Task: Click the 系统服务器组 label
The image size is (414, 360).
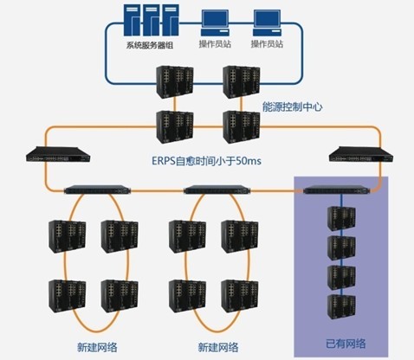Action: [150, 45]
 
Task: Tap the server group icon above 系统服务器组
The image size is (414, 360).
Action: [152, 20]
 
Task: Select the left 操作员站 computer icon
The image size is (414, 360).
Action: [215, 23]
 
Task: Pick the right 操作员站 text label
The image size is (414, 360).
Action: [267, 44]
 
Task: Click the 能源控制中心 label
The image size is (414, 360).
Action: [292, 106]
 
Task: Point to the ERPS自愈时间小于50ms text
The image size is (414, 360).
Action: [206, 161]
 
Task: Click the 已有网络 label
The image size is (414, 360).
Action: [346, 344]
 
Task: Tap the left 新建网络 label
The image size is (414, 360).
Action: [97, 347]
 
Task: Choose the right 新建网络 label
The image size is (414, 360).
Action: [218, 347]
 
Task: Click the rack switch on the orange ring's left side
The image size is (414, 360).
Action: [58, 154]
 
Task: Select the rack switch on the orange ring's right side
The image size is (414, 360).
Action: [361, 154]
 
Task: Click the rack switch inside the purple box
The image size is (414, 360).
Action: [337, 190]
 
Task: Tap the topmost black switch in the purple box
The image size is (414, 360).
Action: [341, 218]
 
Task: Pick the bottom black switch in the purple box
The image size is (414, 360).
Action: [341, 306]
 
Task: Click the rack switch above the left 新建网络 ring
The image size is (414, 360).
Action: [97, 190]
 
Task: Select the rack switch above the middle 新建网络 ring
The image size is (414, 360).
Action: [217, 190]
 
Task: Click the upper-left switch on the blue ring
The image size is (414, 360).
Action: [175, 82]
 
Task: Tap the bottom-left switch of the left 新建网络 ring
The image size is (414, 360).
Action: [68, 296]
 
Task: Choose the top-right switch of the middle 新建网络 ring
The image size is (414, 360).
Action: [240, 237]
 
